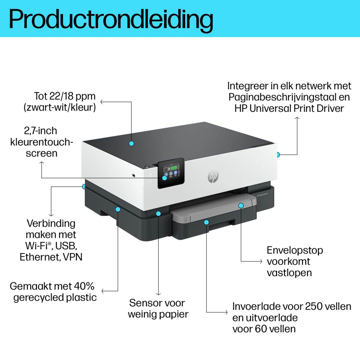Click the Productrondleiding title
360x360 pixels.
pyautogui.click(x=111, y=19)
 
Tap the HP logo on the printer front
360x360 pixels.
pyautogui.click(x=212, y=176)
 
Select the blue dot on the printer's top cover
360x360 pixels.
pyautogui.click(x=131, y=143)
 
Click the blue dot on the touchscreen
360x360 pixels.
pyautogui.click(x=165, y=178)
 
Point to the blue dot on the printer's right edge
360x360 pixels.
pyautogui.click(x=278, y=154)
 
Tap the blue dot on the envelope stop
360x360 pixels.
pyautogui.click(x=241, y=205)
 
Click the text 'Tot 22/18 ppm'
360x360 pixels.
pyautogui.click(x=65, y=96)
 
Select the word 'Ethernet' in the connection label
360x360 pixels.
pyautogui.click(x=40, y=257)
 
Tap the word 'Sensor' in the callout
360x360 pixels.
pyautogui.click(x=143, y=303)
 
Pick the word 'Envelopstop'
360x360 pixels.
pyautogui.click(x=295, y=250)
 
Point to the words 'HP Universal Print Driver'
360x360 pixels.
pyautogui.click(x=289, y=108)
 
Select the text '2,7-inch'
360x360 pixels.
pyautogui.click(x=41, y=131)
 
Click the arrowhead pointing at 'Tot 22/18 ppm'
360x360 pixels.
pyautogui.click(x=102, y=102)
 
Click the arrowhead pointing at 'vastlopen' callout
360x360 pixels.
pyautogui.click(x=261, y=261)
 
